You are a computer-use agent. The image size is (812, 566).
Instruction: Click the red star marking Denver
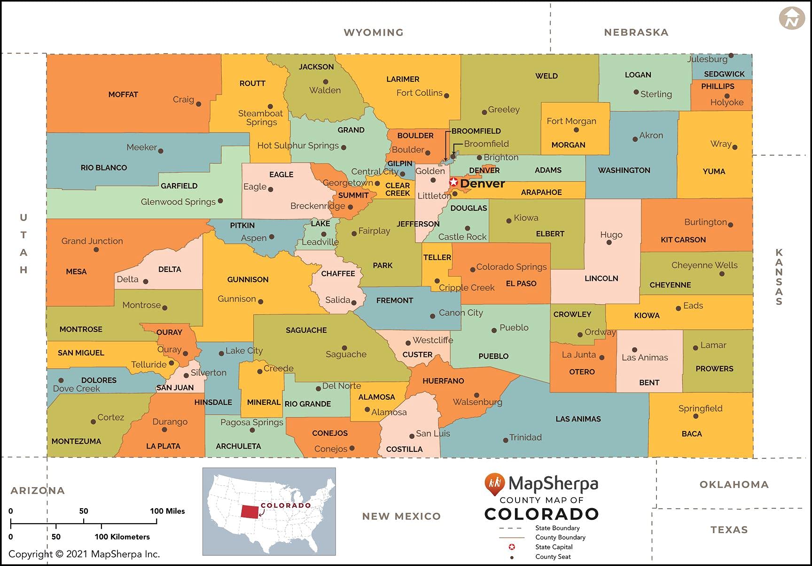(453, 182)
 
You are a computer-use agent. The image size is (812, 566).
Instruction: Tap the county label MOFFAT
(123, 94)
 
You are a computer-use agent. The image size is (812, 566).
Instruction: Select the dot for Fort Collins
(446, 95)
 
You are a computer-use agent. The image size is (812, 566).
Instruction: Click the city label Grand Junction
(92, 241)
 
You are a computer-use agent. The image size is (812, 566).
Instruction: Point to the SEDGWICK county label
(724, 74)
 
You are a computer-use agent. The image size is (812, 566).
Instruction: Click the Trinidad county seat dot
(506, 440)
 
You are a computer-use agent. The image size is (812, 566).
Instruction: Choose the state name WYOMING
(374, 32)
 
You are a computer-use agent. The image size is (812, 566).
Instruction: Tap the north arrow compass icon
(792, 19)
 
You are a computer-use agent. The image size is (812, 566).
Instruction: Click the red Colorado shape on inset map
(250, 512)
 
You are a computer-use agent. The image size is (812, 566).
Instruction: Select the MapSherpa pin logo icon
(494, 484)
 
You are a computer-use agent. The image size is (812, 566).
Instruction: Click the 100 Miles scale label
(167, 511)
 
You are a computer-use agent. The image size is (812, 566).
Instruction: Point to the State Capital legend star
(512, 547)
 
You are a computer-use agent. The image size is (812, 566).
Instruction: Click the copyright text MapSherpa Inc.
(85, 554)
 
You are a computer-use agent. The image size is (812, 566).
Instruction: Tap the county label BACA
(692, 434)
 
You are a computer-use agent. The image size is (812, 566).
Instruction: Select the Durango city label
(170, 422)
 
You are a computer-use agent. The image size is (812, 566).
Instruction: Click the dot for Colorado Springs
(473, 270)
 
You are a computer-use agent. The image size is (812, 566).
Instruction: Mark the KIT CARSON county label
(683, 240)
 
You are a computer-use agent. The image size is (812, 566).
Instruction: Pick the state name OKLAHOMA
(734, 485)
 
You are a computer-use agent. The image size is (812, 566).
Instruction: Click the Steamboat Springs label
(261, 118)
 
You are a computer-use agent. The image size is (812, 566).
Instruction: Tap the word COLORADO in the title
(541, 514)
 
